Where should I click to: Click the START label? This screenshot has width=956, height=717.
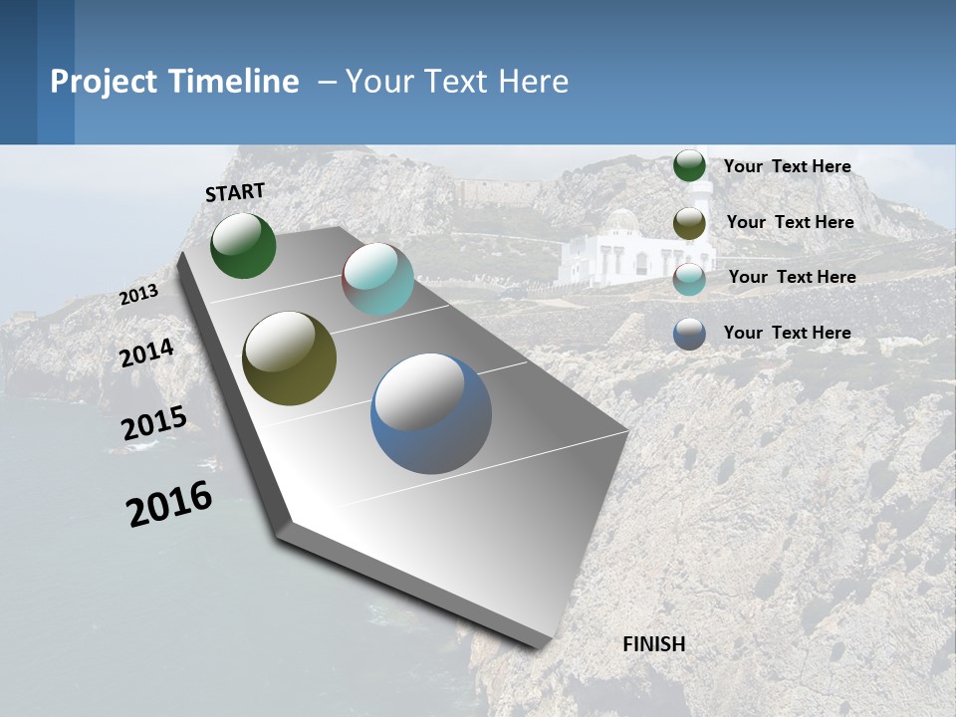(x=235, y=192)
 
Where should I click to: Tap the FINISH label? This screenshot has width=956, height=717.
(x=653, y=644)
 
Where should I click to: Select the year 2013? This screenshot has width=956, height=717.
(x=138, y=295)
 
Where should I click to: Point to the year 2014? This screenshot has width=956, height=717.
(x=146, y=354)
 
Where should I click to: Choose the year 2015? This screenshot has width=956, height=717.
(x=154, y=423)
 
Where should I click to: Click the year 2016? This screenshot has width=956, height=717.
(x=169, y=504)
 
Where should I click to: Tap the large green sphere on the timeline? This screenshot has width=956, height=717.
(x=243, y=245)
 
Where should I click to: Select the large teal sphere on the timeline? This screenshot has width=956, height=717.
(x=377, y=279)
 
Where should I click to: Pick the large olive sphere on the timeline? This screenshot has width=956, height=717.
(x=289, y=358)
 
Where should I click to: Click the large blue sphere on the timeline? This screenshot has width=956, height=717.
(x=431, y=413)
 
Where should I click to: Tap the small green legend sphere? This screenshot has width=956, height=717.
(x=689, y=166)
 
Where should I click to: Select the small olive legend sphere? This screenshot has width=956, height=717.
(x=689, y=223)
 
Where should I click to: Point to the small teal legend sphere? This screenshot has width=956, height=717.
(x=689, y=279)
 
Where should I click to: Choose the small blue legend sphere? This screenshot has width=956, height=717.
(x=689, y=334)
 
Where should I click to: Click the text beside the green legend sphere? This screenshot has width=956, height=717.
(x=787, y=166)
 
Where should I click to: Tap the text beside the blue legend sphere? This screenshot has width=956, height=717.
(x=787, y=333)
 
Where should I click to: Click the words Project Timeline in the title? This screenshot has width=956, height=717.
(x=174, y=82)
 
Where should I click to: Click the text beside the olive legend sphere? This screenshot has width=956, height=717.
(x=790, y=222)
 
